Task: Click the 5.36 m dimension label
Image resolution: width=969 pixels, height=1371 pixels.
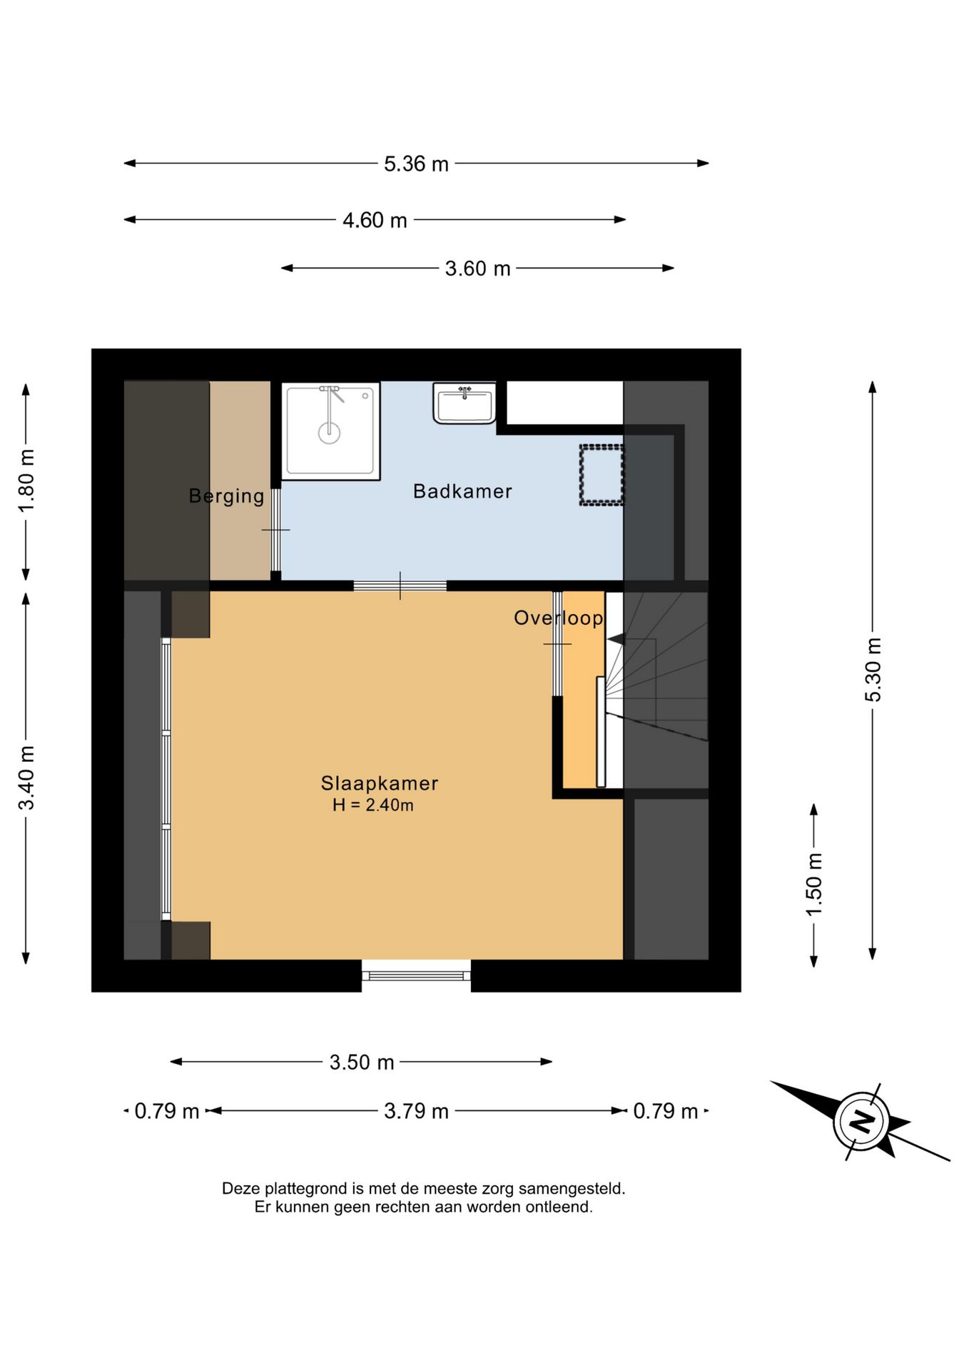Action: [416, 164]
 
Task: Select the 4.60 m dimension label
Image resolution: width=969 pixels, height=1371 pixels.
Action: [375, 220]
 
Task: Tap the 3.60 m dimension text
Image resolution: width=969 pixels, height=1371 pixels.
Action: [477, 268]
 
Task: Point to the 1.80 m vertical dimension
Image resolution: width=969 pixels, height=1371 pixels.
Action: [26, 481]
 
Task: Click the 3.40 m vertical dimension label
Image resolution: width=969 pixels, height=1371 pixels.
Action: [26, 778]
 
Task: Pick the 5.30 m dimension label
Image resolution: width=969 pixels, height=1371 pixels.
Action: [873, 670]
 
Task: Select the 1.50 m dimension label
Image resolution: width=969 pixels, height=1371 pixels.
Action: [814, 884]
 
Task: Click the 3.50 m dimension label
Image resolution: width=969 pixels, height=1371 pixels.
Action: [362, 1062]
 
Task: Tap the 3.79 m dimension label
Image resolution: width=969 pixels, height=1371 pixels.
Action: [416, 1110]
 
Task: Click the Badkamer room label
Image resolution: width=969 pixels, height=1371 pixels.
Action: [462, 491]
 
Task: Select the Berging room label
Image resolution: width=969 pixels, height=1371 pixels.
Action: [226, 496]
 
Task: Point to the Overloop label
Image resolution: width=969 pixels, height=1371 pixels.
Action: [559, 618]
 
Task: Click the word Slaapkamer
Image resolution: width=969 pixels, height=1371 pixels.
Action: [380, 783]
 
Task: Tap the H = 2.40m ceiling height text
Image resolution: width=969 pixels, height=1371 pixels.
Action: [373, 805]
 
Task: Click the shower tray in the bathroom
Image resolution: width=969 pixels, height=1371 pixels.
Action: [330, 431]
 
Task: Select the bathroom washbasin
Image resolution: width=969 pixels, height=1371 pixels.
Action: [465, 403]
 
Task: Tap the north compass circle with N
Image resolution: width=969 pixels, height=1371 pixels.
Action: [862, 1120]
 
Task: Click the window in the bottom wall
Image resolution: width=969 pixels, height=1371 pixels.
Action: [416, 975]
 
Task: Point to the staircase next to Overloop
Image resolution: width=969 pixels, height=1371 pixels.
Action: [656, 690]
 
